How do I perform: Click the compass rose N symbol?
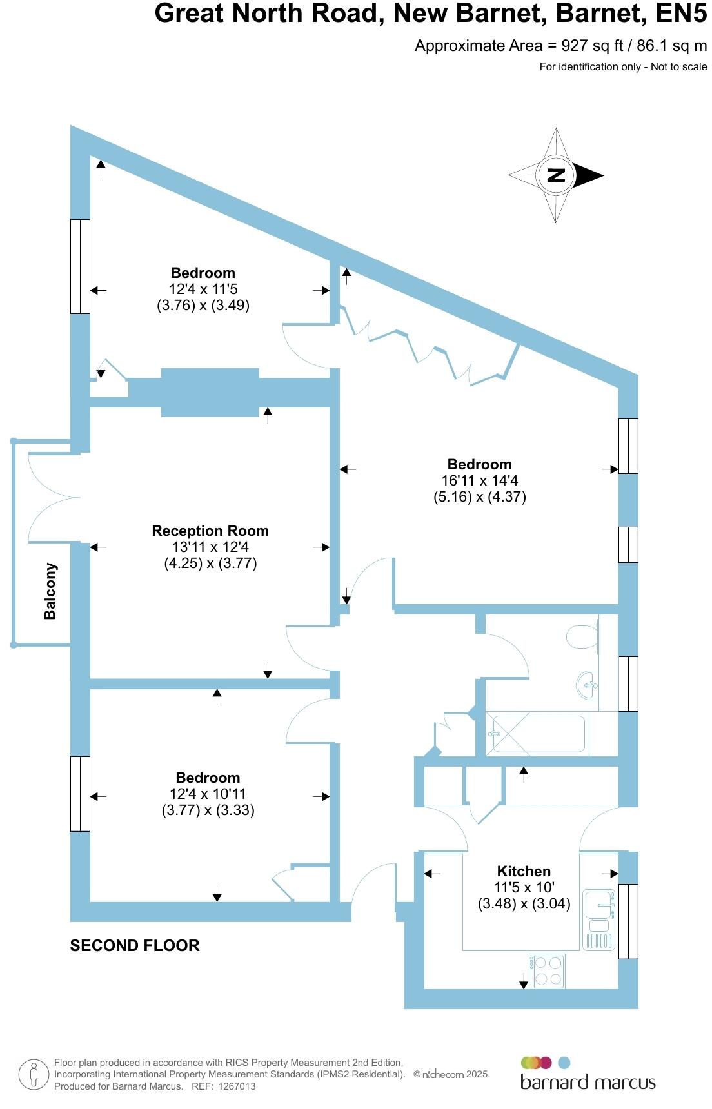pyautogui.click(x=556, y=175)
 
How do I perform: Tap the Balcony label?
pyautogui.click(x=50, y=591)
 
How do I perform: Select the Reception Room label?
pyautogui.click(x=210, y=531)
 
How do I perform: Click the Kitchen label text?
pyautogui.click(x=524, y=871)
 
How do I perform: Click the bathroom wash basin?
pyautogui.click(x=588, y=684)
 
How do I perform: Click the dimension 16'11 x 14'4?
pyautogui.click(x=480, y=480)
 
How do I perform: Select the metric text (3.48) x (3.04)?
pyautogui.click(x=524, y=903)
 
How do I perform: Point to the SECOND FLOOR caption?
pyautogui.click(x=135, y=945)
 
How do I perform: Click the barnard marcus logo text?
pyautogui.click(x=588, y=1082)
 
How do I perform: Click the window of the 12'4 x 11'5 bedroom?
pyautogui.click(x=80, y=266)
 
